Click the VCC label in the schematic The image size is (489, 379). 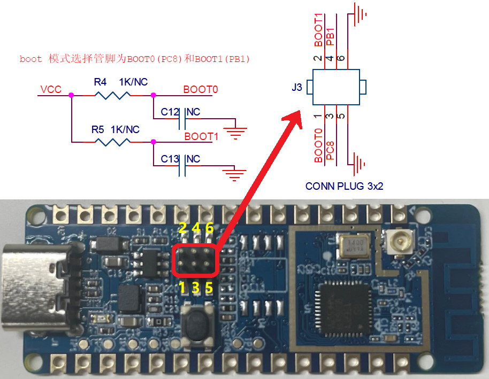(50, 89)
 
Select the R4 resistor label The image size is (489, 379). (100, 82)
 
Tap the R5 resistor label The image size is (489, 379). (97, 129)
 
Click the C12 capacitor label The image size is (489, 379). (170, 112)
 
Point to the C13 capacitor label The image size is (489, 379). (170, 159)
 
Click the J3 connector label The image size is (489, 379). (297, 87)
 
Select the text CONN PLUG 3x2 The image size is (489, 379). (344, 187)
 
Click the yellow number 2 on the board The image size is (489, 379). (182, 228)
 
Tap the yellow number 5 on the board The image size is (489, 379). (209, 288)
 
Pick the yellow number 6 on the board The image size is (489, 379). (209, 228)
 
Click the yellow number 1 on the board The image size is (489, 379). (182, 288)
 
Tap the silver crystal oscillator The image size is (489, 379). (355, 246)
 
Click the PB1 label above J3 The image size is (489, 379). (330, 36)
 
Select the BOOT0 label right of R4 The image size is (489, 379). (201, 89)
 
